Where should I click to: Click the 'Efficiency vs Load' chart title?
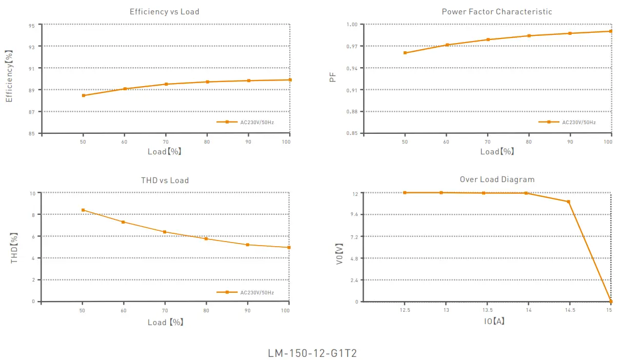click(x=164, y=12)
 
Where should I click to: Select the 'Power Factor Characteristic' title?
click(x=497, y=12)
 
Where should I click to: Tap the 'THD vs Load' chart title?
click(x=165, y=181)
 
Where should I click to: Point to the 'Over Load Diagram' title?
click(x=497, y=179)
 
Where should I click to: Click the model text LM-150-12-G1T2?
click(x=312, y=354)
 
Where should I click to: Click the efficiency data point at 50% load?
click(x=83, y=95)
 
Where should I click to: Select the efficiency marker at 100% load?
click(x=290, y=79)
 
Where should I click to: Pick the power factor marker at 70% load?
click(x=488, y=39)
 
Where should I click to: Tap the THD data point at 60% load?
click(x=124, y=222)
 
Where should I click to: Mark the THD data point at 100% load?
click(x=289, y=247)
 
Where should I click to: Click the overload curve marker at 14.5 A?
click(x=568, y=202)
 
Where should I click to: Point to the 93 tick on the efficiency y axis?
click(x=32, y=47)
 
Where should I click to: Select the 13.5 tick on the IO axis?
click(x=487, y=310)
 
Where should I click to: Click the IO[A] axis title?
click(x=494, y=321)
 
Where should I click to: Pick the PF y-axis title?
click(x=333, y=78)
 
